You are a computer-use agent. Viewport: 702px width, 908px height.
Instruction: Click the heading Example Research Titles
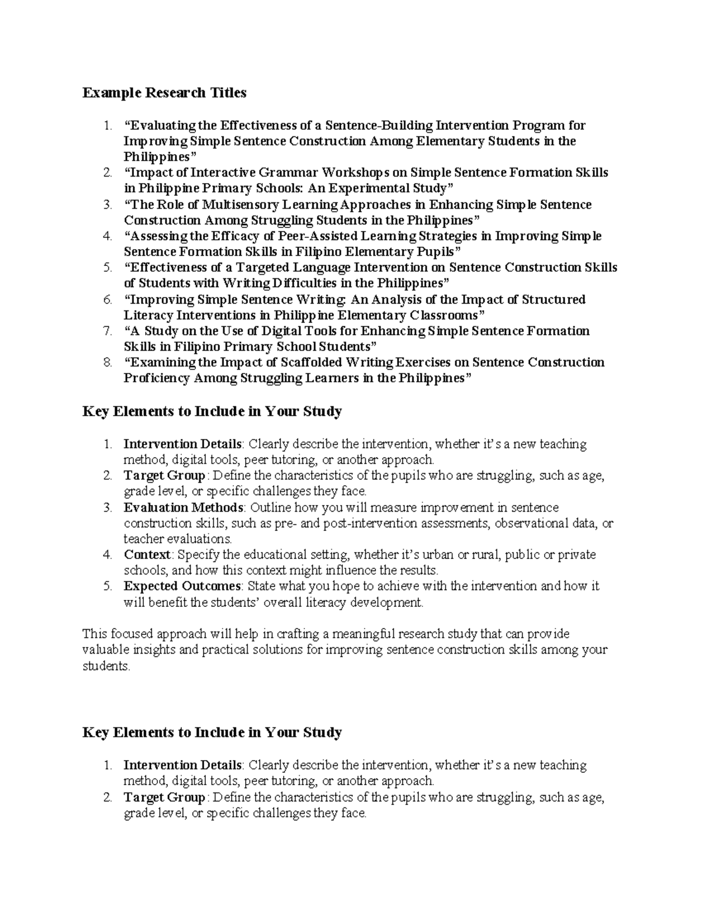(x=164, y=93)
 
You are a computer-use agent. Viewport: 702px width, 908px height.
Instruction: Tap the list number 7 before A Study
(x=107, y=331)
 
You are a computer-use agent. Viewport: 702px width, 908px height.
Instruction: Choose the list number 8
(x=107, y=362)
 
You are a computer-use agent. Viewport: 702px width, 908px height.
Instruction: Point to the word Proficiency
(x=156, y=378)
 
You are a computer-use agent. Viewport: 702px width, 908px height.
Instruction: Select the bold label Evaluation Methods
(x=183, y=507)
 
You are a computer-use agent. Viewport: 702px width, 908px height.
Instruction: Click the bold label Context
(x=147, y=554)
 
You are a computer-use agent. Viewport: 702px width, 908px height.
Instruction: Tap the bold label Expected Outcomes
(x=182, y=586)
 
